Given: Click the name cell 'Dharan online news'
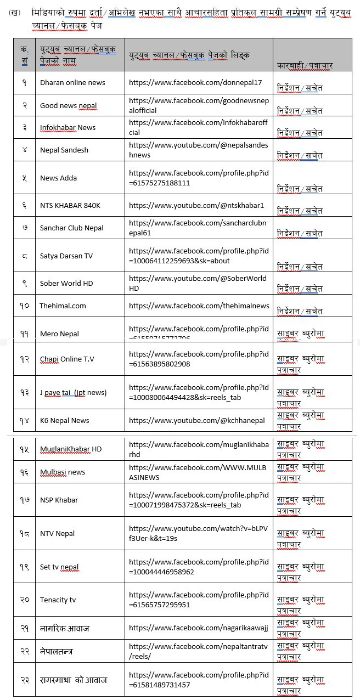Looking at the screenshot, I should (x=72, y=83).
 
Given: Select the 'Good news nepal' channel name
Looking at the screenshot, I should (x=68, y=105).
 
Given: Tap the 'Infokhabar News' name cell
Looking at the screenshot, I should (x=67, y=127).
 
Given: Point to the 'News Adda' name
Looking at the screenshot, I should (x=58, y=178).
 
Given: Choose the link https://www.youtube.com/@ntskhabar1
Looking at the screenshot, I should (x=196, y=205).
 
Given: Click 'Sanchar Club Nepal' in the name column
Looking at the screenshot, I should (x=72, y=228).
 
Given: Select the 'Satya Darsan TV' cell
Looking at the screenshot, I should (x=66, y=256).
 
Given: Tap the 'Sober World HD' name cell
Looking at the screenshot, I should (x=66, y=284).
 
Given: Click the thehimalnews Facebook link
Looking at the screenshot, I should (x=199, y=306).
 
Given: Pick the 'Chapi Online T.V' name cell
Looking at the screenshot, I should (x=67, y=359).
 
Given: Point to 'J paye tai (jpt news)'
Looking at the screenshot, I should (x=73, y=392).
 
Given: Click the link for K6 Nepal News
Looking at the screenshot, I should (x=196, y=420).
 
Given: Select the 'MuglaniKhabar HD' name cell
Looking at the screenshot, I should (x=71, y=449).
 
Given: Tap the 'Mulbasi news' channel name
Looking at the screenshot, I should (x=63, y=472).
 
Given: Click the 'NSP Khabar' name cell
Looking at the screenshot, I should (x=59, y=500).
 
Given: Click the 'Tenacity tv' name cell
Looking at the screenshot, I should (x=58, y=600).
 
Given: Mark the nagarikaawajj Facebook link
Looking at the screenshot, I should (x=199, y=628).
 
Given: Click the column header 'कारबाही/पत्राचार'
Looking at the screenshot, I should (x=305, y=65).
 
